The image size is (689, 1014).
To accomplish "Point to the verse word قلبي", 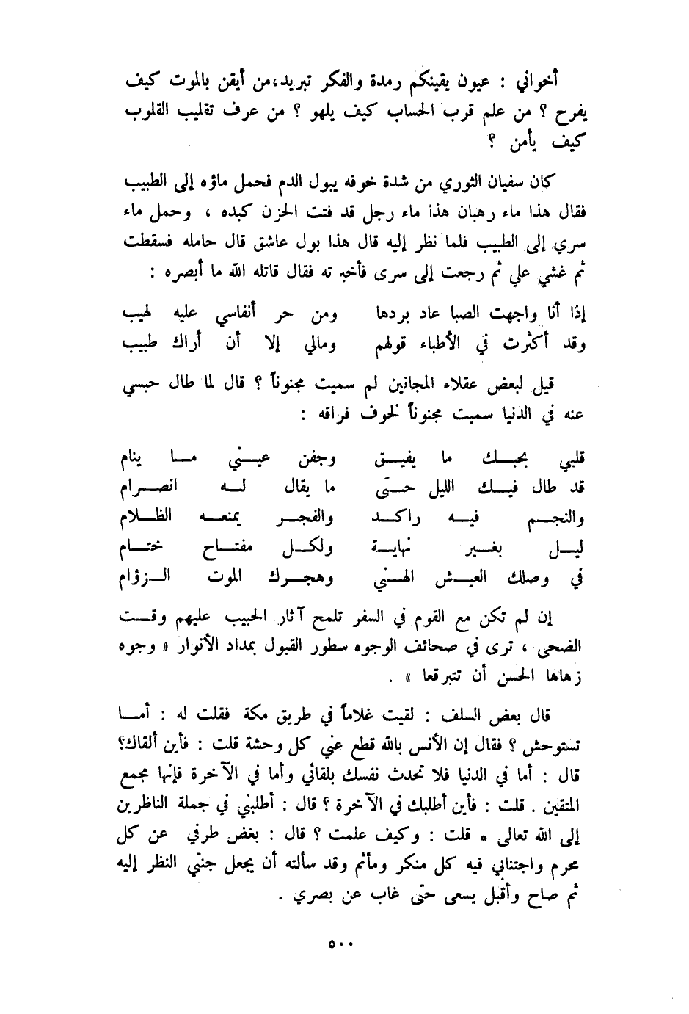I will tap(569, 462).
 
